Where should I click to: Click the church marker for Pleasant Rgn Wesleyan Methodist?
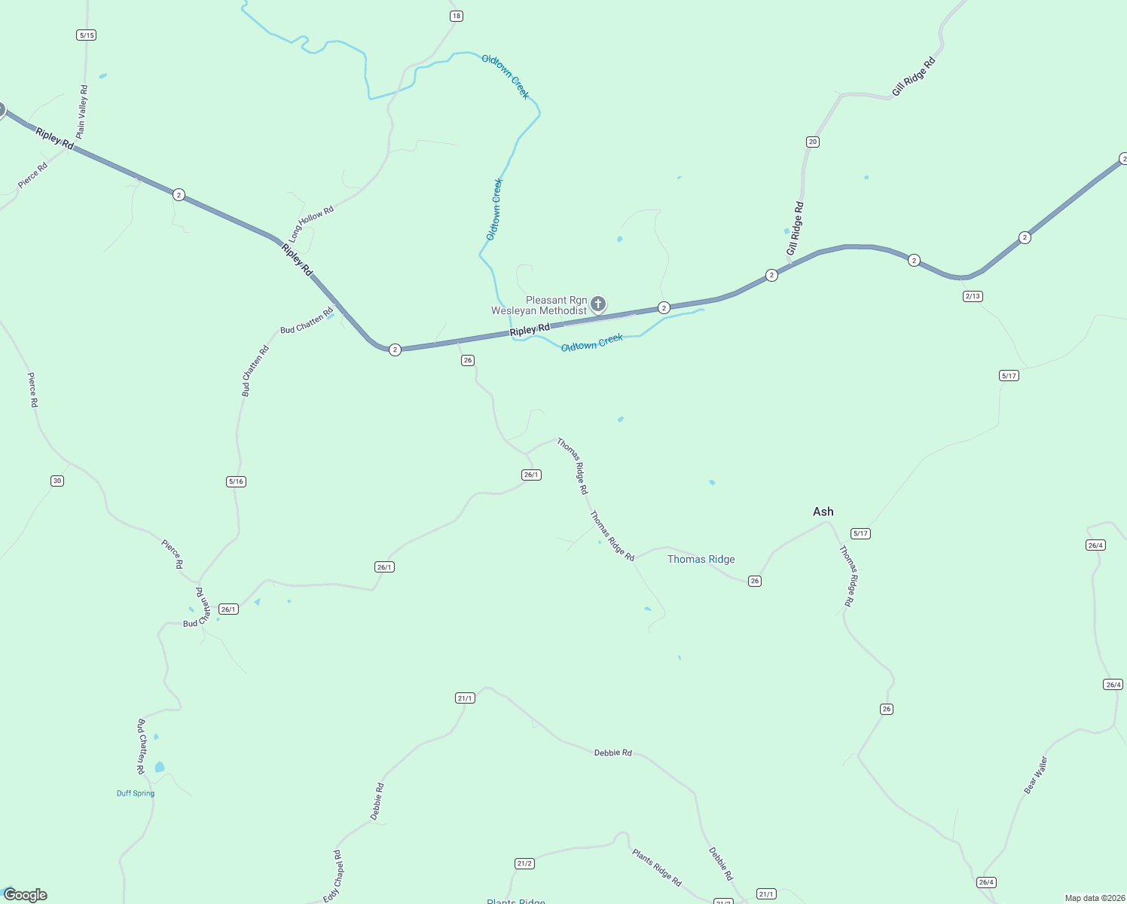point(598,304)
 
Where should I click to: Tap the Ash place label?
point(823,512)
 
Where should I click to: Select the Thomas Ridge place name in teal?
point(701,559)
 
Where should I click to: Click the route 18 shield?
point(456,16)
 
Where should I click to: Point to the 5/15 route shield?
point(87,35)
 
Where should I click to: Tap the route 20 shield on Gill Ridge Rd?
point(812,142)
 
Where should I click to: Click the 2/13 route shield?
point(973,296)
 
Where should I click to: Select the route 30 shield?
point(57,481)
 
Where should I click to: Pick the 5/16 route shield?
point(236,481)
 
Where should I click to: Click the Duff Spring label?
point(136,793)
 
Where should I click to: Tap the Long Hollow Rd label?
point(311,224)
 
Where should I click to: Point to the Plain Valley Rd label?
point(82,111)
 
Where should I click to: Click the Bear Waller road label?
point(1036,775)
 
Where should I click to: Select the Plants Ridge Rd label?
point(657,867)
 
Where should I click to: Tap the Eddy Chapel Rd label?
point(333,876)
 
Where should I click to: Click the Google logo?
point(26,895)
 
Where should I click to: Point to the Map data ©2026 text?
point(1093,898)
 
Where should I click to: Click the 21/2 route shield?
point(525,863)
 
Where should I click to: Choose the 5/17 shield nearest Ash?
point(860,533)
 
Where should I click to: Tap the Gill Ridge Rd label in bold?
point(913,77)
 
